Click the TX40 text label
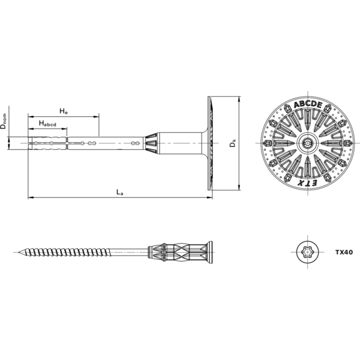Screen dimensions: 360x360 344,252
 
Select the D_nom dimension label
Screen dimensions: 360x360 4,121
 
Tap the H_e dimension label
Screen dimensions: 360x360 64,111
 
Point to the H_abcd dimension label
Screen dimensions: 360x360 47,124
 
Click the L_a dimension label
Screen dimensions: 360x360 119,192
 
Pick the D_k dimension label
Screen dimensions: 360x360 233,143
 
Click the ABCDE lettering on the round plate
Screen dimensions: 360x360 308,104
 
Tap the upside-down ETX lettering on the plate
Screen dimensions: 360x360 308,183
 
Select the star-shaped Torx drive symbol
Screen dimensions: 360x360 308,252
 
